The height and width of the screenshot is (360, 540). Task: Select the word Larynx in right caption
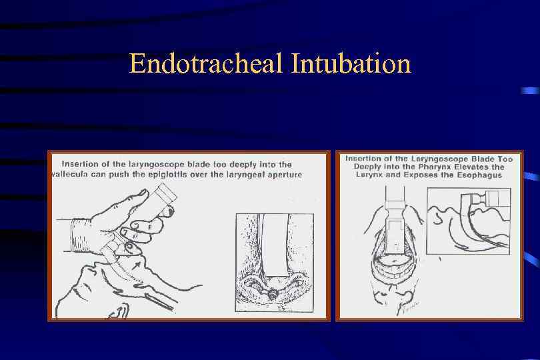[371, 175]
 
